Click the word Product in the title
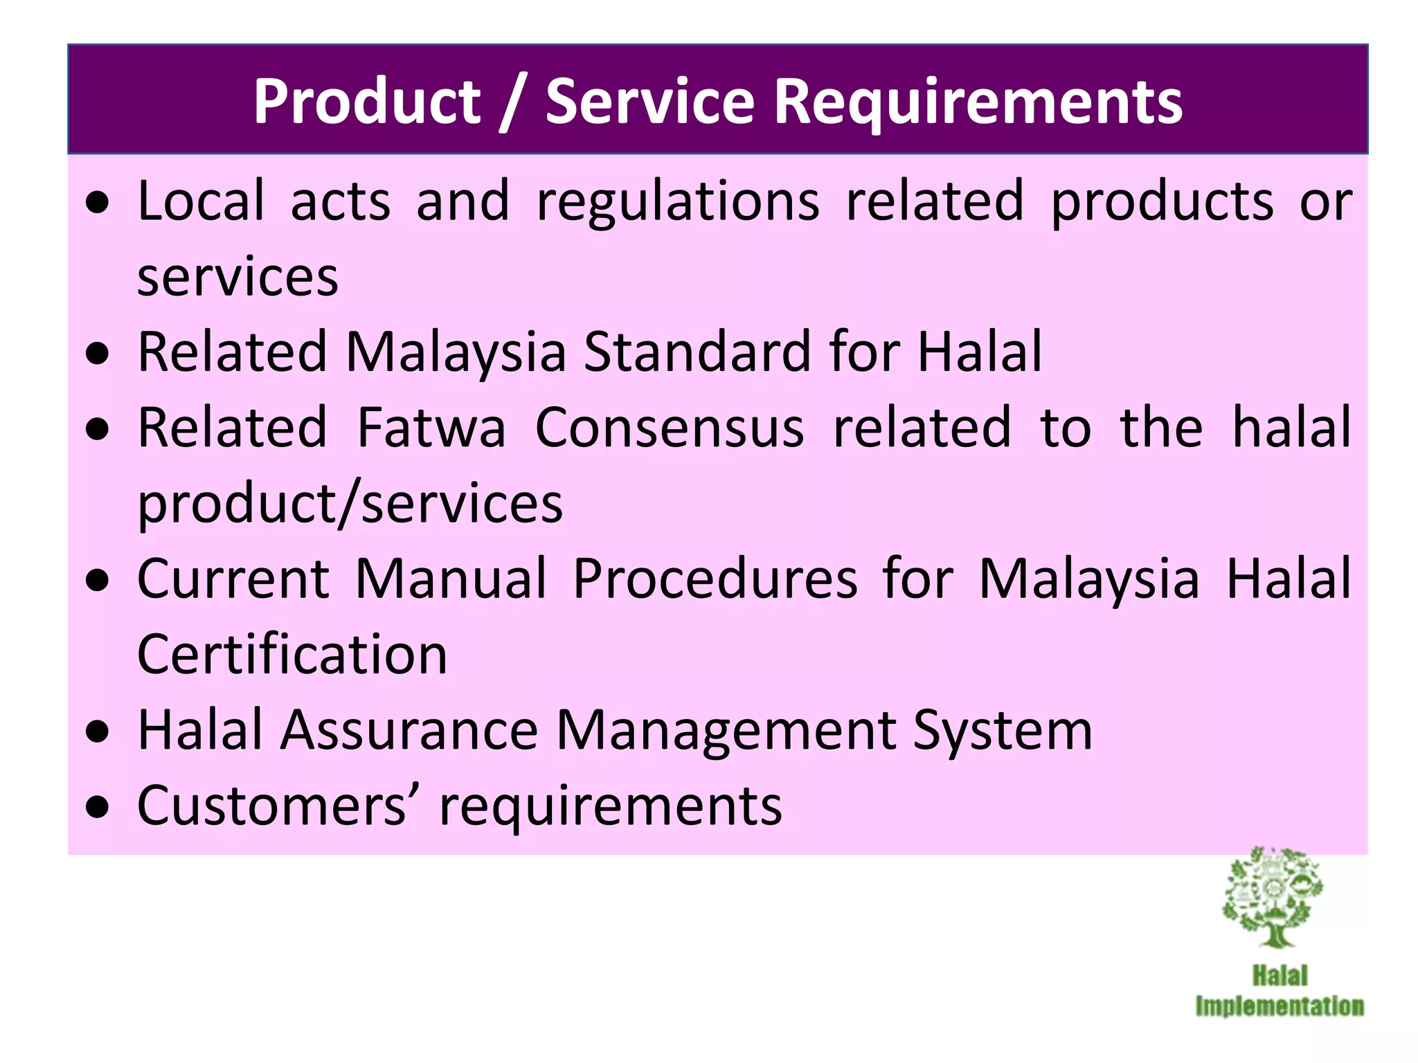click(x=366, y=102)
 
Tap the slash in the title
click(x=512, y=102)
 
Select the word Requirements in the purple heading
click(x=978, y=102)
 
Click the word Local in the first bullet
click(x=201, y=201)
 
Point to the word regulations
click(x=678, y=202)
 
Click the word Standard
click(x=697, y=352)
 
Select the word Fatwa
click(x=431, y=428)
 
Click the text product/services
click(x=350, y=503)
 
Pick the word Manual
click(x=451, y=579)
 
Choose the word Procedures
click(x=715, y=579)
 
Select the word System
click(x=1003, y=732)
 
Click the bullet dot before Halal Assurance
click(x=98, y=732)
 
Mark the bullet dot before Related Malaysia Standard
click(x=98, y=354)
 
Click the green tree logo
click(x=1273, y=897)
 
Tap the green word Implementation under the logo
click(x=1280, y=1006)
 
